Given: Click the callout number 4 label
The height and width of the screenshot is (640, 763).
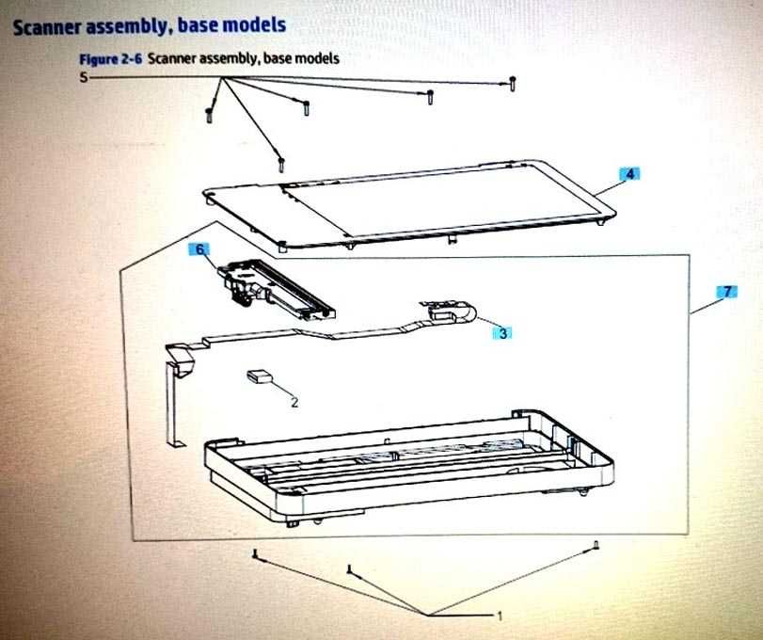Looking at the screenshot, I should click(x=630, y=174).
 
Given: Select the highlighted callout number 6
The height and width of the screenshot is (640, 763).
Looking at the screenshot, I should click(x=199, y=249).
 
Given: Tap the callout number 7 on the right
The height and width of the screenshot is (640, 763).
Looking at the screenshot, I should click(x=725, y=292).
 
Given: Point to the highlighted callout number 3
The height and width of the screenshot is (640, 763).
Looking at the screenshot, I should click(x=504, y=332).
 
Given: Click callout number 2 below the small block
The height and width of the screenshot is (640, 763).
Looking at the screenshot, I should click(x=294, y=402).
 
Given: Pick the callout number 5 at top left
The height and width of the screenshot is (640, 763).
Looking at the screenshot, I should click(x=83, y=79).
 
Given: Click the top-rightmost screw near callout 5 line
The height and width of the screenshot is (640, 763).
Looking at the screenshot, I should click(x=512, y=84).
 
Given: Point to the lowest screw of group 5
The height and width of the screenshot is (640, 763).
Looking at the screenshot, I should click(x=279, y=164).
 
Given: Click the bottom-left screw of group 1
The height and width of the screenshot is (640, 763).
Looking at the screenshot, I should click(x=255, y=557).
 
